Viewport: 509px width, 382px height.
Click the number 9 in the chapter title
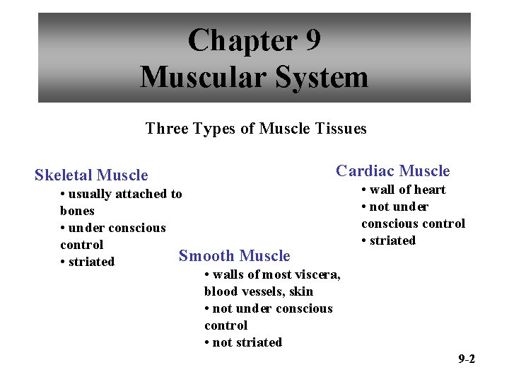pos(311,40)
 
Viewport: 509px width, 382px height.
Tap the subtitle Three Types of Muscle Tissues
pos(256,129)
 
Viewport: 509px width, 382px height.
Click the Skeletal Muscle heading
pos(91,175)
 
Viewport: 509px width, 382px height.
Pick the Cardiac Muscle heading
pos(392,170)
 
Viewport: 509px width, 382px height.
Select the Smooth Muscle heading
pos(234,255)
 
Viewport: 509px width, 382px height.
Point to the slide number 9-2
pos(466,359)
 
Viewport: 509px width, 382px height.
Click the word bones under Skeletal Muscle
pos(77,211)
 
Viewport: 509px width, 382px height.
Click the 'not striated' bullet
pos(243,342)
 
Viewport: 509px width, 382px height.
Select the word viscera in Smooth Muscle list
pos(318,274)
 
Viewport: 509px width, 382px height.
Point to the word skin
pos(301,291)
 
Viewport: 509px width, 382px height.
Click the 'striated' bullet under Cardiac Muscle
pos(388,241)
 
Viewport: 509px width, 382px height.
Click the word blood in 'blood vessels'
pos(220,291)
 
